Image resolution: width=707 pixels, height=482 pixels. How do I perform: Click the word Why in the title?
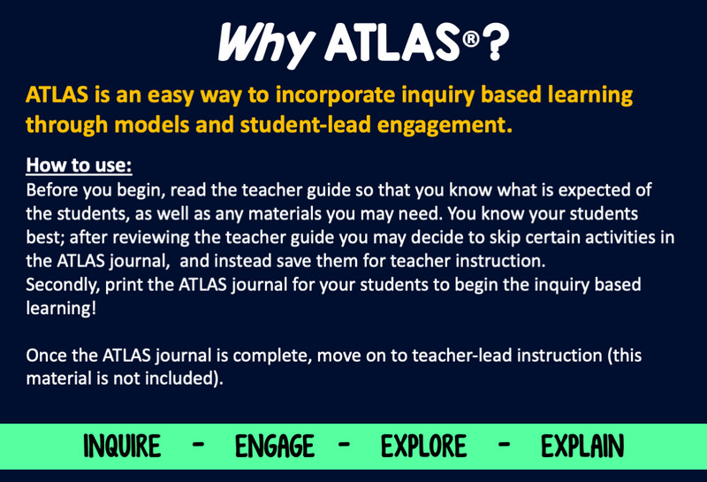click(x=266, y=44)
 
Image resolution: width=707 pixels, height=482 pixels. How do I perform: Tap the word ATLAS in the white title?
click(x=392, y=42)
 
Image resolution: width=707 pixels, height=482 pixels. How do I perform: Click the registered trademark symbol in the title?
click(x=471, y=39)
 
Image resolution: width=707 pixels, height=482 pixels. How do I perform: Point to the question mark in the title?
click(x=495, y=42)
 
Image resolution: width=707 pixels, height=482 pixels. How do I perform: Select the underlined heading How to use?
click(x=79, y=165)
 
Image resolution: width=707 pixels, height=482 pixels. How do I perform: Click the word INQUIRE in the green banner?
click(x=122, y=446)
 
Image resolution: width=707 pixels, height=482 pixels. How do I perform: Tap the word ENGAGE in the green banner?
click(x=275, y=446)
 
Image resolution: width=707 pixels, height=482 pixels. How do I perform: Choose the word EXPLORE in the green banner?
click(x=423, y=446)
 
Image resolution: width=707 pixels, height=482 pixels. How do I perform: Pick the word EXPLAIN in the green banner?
click(x=582, y=446)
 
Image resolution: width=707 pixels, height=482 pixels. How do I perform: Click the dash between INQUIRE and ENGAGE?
click(x=198, y=445)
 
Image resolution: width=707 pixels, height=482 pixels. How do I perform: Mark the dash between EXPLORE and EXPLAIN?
click(x=504, y=445)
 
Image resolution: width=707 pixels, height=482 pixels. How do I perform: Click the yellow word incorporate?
click(x=335, y=96)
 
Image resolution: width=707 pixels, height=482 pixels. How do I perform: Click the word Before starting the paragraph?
click(x=54, y=190)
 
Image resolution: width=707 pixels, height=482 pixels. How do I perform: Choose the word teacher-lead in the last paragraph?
click(x=461, y=356)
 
